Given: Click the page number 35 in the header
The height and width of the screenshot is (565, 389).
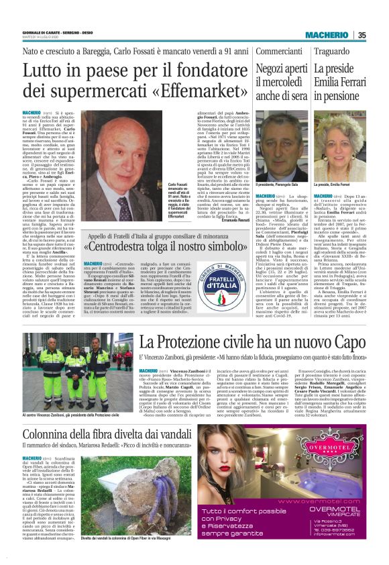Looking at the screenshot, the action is click(361, 35).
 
